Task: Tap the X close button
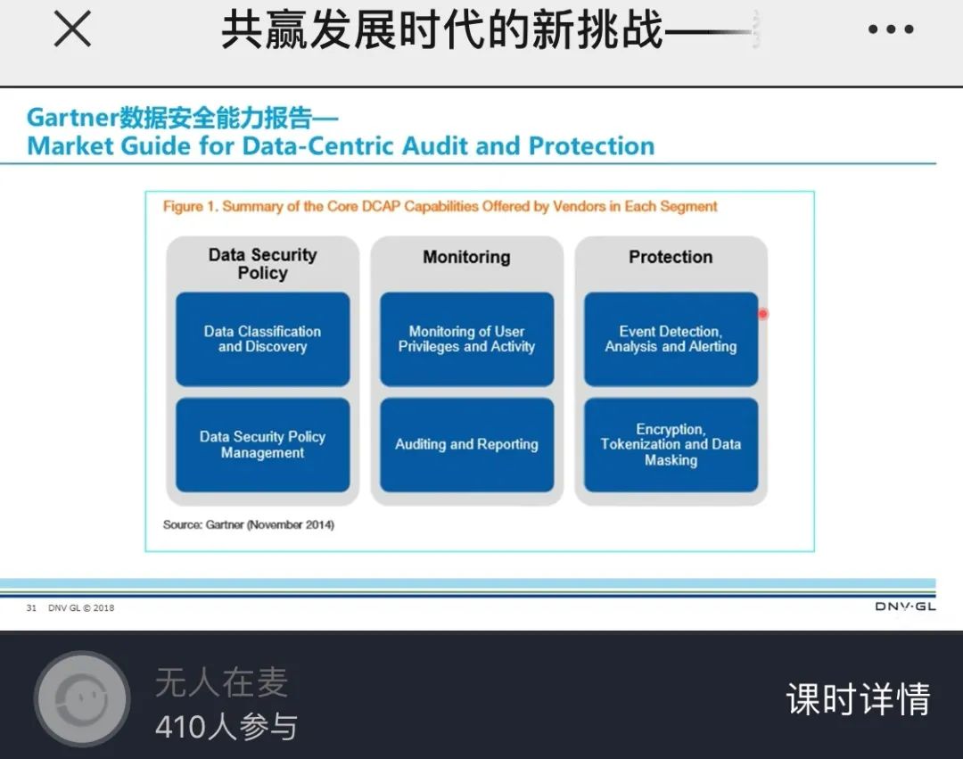point(72,29)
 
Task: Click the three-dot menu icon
point(891,29)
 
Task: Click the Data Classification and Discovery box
point(263,339)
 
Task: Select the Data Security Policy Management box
point(263,444)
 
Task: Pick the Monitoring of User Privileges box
point(466,339)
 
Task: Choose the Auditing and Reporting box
point(466,444)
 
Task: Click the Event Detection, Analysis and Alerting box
point(671,339)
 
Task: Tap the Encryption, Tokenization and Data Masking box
point(671,444)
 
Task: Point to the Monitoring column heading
point(466,257)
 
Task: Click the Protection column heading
point(671,257)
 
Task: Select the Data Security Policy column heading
point(263,263)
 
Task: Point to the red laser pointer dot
point(762,314)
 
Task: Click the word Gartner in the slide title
point(72,118)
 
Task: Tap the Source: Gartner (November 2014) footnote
point(249,524)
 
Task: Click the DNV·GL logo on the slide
point(905,606)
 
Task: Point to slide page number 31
point(31,608)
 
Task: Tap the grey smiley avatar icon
point(82,699)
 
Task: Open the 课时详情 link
point(858,699)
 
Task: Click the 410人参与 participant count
point(226,727)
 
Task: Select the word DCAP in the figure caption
point(382,206)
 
